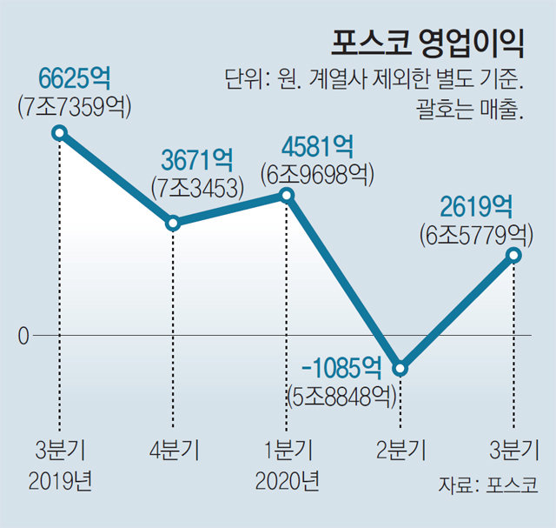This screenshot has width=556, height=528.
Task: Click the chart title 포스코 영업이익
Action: pos(427,42)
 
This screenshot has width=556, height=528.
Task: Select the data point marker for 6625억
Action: pos(59,132)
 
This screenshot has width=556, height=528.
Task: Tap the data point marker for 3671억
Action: pos(174,223)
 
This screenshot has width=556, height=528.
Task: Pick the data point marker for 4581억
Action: pos(288,195)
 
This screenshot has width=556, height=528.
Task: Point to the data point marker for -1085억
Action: pos(400,367)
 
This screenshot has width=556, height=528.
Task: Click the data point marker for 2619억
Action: pos(513,255)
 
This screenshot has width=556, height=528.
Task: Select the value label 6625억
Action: pos(74,79)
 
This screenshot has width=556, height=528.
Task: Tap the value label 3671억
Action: pos(197,160)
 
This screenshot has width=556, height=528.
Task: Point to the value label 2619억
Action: pos(475,206)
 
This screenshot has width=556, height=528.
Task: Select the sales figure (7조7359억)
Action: pos(74,106)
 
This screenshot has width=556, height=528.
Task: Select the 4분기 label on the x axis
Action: pos(175,451)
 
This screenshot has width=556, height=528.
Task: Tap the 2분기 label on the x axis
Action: pos(400,451)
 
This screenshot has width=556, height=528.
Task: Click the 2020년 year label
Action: pos(288,480)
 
